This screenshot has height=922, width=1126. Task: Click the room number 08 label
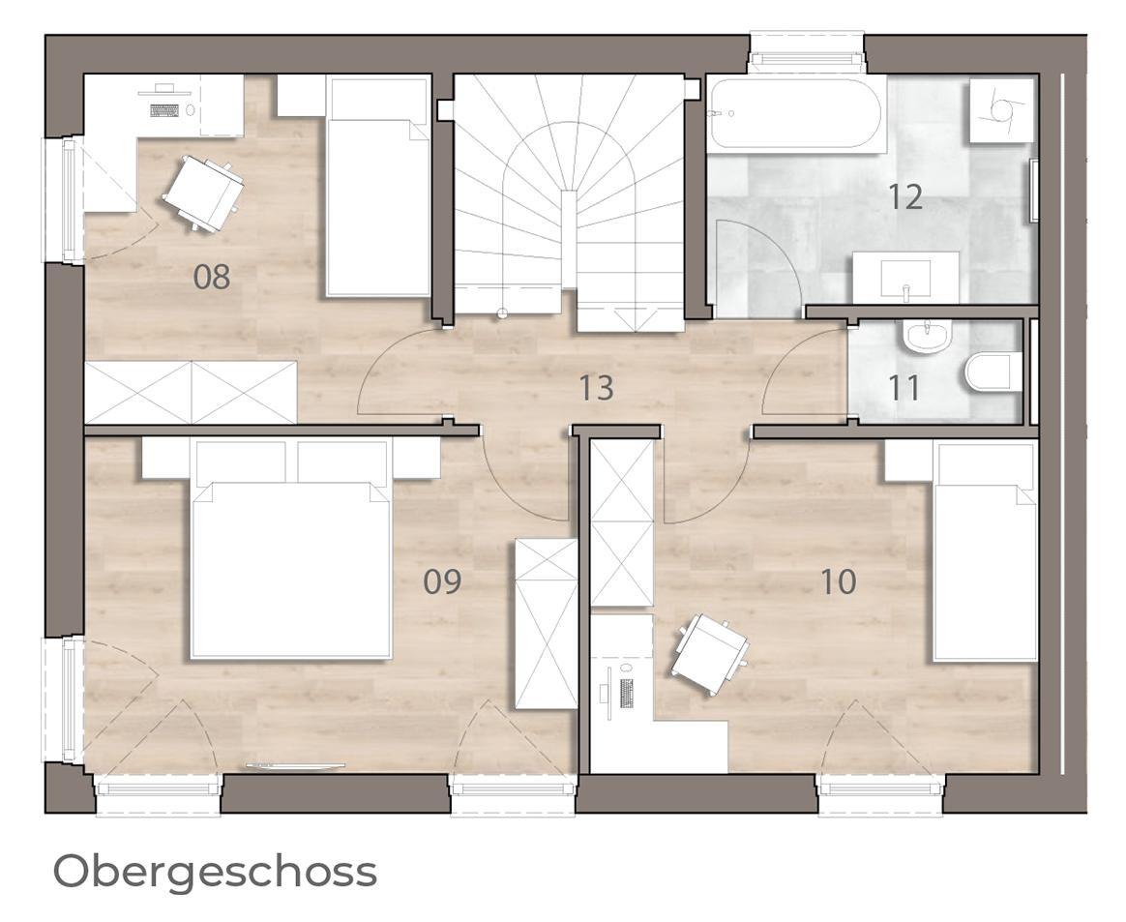pos(212,277)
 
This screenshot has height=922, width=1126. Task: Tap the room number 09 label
pos(442,581)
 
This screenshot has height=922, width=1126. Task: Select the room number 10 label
pos(838,581)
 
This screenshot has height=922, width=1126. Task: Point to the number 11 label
pos(904,389)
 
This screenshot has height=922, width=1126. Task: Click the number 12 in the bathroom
pos(905,196)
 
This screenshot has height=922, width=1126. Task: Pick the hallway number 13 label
pos(597,388)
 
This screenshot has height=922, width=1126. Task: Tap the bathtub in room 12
pos(796,113)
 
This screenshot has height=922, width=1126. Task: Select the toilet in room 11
pos(993,372)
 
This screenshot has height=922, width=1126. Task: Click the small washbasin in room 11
pos(928,337)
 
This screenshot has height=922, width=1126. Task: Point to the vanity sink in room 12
pos(905,278)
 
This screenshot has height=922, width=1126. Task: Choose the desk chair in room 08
pos(204,193)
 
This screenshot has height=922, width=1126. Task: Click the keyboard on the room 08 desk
pos(164,110)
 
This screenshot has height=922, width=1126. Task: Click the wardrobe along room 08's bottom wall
pos(191,392)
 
